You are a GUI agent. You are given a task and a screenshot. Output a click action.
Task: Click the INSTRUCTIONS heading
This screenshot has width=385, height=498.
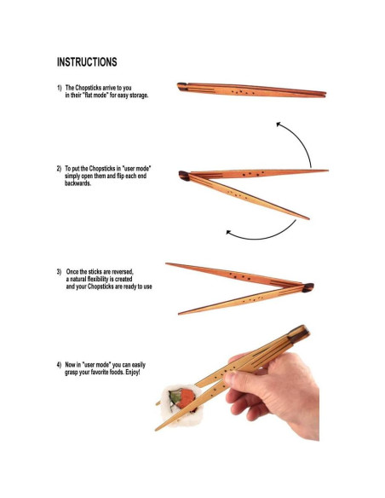click(87, 62)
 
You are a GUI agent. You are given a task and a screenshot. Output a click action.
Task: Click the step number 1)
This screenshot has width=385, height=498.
click(60, 88)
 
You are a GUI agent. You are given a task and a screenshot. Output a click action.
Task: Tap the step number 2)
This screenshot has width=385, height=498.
click(60, 169)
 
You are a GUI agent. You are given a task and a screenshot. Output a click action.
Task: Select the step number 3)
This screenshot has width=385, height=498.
click(60, 272)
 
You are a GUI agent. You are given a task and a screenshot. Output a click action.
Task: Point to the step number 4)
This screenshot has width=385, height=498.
click(60, 365)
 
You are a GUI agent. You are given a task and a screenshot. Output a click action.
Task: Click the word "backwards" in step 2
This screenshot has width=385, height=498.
click(78, 183)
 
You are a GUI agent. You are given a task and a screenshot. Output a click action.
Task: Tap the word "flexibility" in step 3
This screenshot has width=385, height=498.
click(112, 280)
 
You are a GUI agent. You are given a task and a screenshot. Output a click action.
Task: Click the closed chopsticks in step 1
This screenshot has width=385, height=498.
click(251, 90)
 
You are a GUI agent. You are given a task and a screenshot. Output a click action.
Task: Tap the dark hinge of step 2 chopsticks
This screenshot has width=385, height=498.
click(184, 176)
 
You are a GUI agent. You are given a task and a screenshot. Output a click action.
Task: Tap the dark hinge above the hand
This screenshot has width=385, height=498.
click(296, 331)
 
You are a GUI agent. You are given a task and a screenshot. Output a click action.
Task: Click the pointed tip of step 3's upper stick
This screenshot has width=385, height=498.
click(168, 264)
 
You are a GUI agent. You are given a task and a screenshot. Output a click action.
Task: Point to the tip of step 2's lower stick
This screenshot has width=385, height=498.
click(307, 218)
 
